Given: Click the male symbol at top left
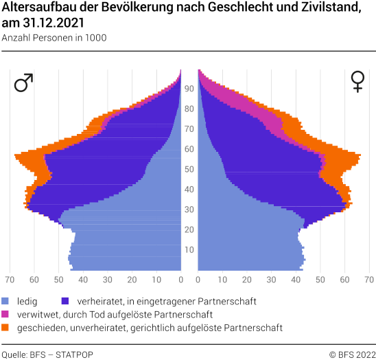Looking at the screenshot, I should pyautogui.click(x=23, y=83).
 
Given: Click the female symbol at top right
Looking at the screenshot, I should pyautogui.click(x=357, y=82).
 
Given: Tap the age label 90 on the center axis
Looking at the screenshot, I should pyautogui.click(x=189, y=89).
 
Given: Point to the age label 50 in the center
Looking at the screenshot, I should pyautogui.click(x=189, y=169).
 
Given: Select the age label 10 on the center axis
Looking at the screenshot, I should pyautogui.click(x=189, y=249).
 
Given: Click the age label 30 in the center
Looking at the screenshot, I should pyautogui.click(x=189, y=210).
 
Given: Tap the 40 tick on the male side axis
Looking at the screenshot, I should pyautogui.click(x=82, y=280).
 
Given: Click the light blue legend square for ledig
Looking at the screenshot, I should pyautogui.click(x=6, y=301).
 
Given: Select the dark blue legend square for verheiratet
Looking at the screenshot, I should pyautogui.click(x=65, y=301).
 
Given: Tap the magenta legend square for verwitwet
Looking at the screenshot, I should pyautogui.click(x=6, y=315).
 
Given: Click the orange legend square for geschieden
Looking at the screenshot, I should pyautogui.click(x=6, y=328).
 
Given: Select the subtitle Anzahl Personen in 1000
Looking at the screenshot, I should pyautogui.click(x=54, y=38).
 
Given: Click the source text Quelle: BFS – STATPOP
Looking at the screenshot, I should pyautogui.click(x=47, y=355).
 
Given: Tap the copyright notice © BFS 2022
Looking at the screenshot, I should pyautogui.click(x=351, y=355).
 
